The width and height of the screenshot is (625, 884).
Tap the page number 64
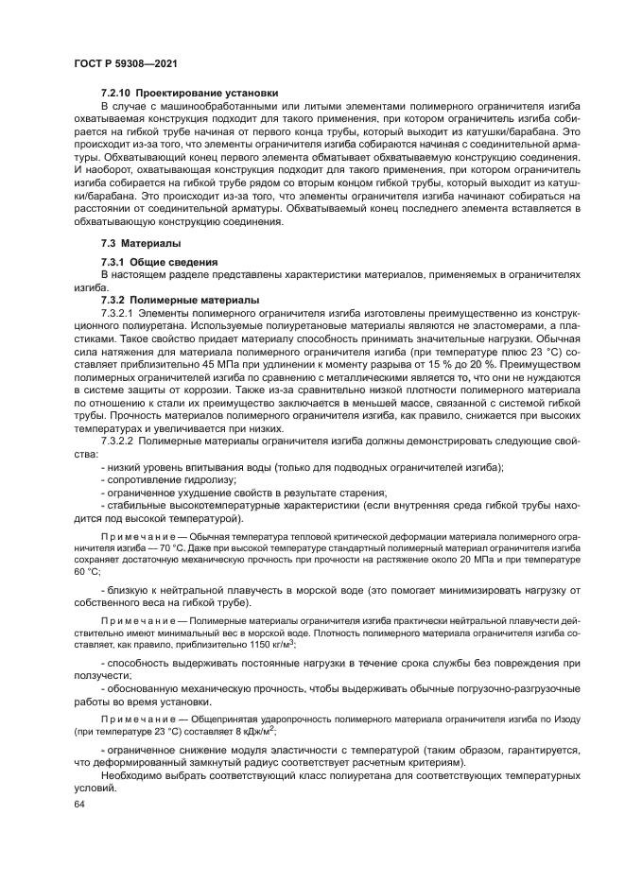tap(78, 805)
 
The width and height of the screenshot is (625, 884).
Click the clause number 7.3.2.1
tap(118, 312)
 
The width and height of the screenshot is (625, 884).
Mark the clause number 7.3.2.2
tap(118, 442)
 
